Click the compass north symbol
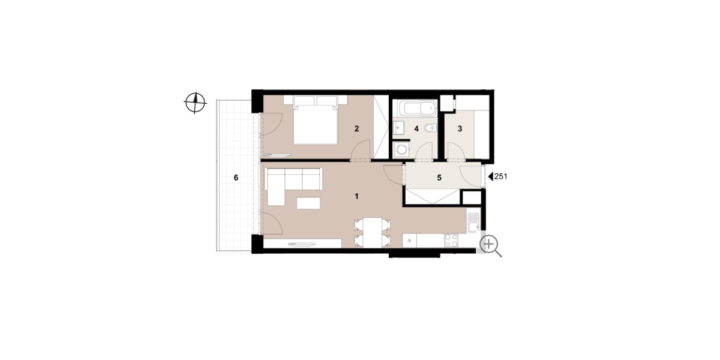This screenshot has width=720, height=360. coord(195,103)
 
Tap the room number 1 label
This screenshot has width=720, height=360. coord(356,196)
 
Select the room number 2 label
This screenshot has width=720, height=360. coord(356,129)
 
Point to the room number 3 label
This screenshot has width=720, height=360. coord(460,129)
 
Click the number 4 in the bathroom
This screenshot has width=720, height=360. coord(416,129)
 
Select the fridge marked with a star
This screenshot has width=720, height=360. coord(409,241)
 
